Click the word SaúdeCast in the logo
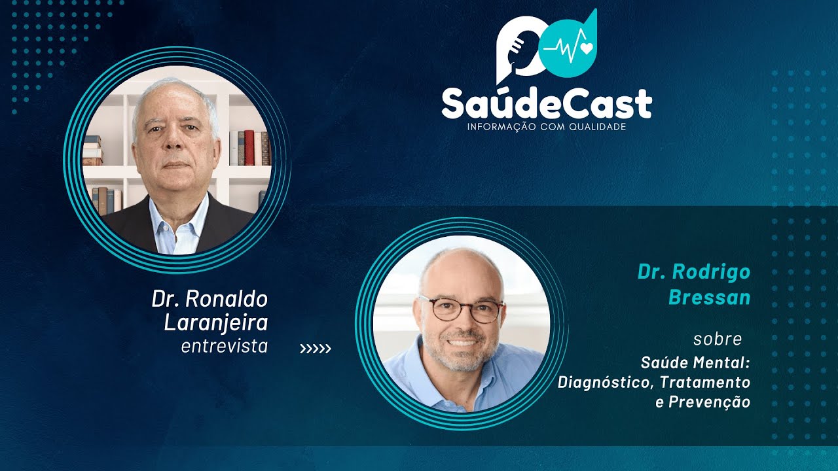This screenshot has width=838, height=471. [x=546, y=103]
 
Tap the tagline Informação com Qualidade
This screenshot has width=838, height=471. [x=546, y=126]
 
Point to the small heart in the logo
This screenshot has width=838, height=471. [x=587, y=48]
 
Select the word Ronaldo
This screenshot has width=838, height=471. [x=227, y=300]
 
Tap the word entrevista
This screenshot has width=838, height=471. [x=225, y=346]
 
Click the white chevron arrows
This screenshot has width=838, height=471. [x=316, y=349]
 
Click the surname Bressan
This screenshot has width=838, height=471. [x=709, y=298]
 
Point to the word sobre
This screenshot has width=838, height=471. [x=718, y=340]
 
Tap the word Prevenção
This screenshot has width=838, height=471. [x=709, y=402]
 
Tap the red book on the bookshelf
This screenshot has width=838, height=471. [x=249, y=147]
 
